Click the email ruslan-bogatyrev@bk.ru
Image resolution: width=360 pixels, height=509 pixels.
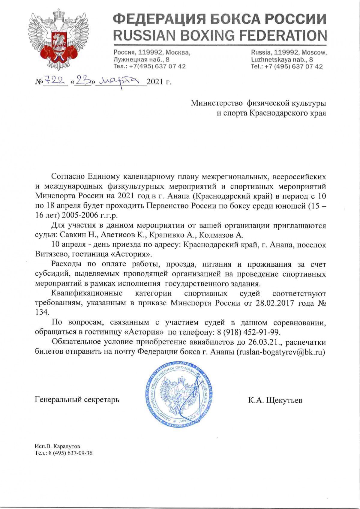(x=281, y=352)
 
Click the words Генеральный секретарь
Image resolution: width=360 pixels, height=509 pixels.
(x=77, y=400)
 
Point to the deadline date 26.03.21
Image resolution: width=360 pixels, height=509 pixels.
(x=262, y=342)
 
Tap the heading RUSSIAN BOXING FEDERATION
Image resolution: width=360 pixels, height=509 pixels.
(x=220, y=36)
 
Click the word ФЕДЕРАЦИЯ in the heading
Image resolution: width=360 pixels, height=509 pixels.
(x=157, y=19)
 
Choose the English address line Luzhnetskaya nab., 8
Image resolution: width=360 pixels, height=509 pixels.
(x=282, y=59)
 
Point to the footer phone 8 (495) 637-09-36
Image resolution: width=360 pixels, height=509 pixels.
(x=69, y=453)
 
